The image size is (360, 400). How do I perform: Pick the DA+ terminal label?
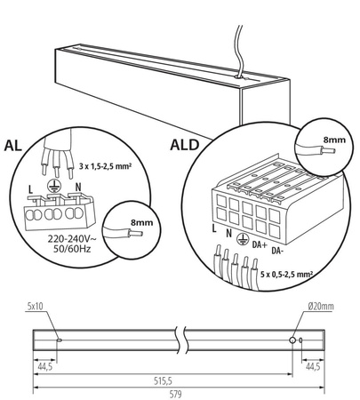point(260,243)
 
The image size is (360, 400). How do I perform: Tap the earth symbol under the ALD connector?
point(243,237)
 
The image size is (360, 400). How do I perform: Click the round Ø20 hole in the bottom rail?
point(292,340)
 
